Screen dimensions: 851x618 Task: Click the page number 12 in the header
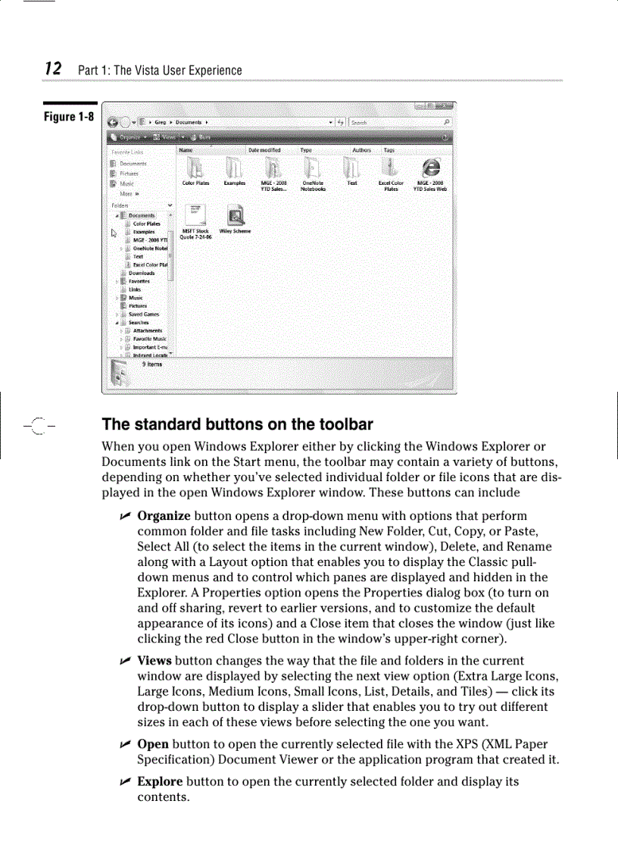pyautogui.click(x=52, y=69)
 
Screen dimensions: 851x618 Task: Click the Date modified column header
pyautogui.click(x=264, y=150)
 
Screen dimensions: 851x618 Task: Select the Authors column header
pyautogui.click(x=361, y=150)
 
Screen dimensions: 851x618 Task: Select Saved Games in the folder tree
pyautogui.click(x=143, y=314)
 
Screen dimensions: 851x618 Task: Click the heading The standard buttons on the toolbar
pyautogui.click(x=237, y=424)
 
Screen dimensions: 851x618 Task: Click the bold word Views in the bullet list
pyautogui.click(x=154, y=661)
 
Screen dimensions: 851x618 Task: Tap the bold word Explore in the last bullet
pyautogui.click(x=159, y=781)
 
